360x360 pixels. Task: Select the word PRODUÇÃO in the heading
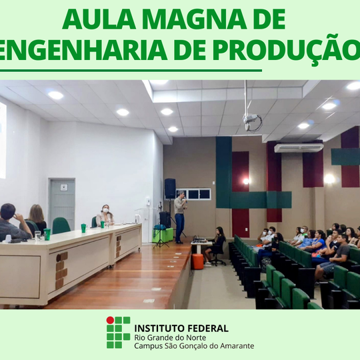tap(293, 52)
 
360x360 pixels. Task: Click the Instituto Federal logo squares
tap(118, 332)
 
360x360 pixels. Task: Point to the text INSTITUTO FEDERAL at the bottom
tap(181, 328)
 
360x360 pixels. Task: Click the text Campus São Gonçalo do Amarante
tap(193, 346)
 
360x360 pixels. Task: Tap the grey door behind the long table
tap(61, 204)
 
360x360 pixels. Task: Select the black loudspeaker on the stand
tap(170, 188)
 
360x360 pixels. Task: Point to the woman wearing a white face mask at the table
tap(105, 215)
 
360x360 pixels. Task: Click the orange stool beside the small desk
tap(197, 261)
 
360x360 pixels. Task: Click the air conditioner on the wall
tap(298, 148)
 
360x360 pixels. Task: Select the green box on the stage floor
tap(160, 235)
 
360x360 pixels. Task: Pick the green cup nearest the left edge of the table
tap(47, 234)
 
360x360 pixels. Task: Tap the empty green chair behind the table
tap(61, 226)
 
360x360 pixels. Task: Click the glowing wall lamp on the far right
tap(329, 179)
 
